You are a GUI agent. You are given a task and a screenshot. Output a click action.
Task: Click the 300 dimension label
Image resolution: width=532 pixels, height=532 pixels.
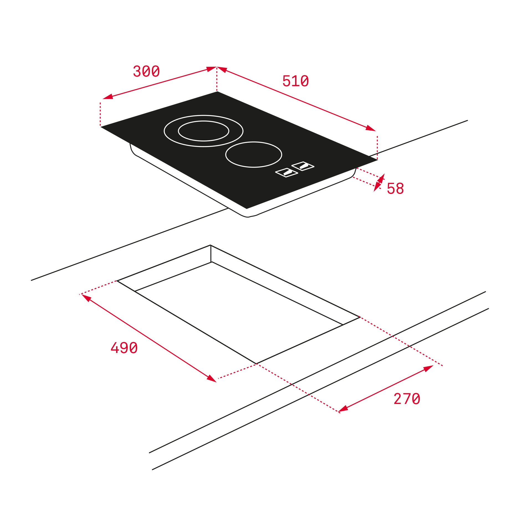146,71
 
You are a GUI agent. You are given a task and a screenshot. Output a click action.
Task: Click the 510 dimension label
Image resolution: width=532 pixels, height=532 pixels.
295,81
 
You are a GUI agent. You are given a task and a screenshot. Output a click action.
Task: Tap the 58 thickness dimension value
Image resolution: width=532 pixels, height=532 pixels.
395,189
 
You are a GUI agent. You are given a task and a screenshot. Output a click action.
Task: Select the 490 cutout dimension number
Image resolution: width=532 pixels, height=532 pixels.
124,348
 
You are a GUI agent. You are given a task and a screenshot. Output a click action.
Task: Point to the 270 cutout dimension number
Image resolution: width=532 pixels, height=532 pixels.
407,399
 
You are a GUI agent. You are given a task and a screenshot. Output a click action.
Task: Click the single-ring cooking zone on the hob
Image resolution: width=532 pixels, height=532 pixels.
254,155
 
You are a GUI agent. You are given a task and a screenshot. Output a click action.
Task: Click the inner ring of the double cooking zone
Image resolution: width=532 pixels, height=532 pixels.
203,131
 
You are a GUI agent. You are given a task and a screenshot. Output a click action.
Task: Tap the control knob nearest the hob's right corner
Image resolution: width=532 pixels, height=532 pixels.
303,166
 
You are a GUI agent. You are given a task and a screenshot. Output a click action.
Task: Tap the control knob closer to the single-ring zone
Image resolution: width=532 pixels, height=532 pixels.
287,173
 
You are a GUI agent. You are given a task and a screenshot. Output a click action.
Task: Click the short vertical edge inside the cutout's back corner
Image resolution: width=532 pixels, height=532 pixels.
211,254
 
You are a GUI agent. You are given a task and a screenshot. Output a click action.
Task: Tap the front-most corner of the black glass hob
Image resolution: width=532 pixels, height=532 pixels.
246,209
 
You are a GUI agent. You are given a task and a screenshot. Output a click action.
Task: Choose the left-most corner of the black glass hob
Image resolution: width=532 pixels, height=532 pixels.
101,127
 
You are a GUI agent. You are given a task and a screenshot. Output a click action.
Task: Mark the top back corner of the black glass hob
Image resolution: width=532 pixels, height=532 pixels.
217,91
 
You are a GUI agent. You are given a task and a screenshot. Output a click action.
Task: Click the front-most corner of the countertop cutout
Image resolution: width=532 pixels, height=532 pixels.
256,364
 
